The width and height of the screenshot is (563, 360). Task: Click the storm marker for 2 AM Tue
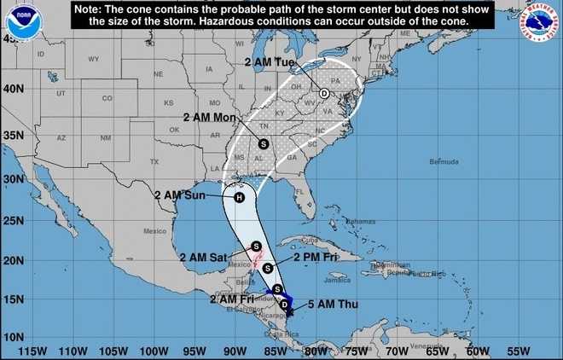pos(324,93)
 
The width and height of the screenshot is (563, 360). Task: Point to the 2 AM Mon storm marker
pos(264,143)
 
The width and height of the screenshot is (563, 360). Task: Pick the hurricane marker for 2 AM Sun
pos(239,198)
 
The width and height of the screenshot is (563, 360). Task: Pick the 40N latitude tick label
pos(14,89)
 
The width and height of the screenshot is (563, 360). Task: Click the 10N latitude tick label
pos(14,337)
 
